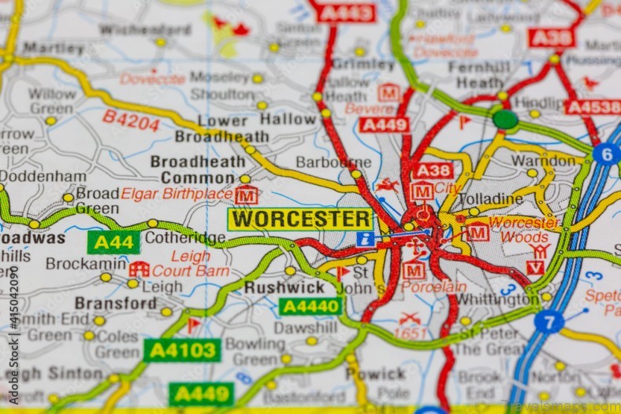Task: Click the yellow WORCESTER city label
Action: pos(301,220)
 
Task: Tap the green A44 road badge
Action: pos(113,242)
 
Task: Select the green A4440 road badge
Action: pos(310,306)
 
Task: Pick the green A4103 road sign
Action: pos(182,349)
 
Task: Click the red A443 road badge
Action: pos(344,12)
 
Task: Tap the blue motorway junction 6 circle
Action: pos(605,153)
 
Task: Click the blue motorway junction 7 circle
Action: pos(548,321)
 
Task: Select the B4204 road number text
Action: pos(131,120)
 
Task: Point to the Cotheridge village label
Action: pos(185,238)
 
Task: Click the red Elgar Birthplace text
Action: pos(177,194)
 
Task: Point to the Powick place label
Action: pos(375,373)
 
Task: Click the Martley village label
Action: pos(54,48)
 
